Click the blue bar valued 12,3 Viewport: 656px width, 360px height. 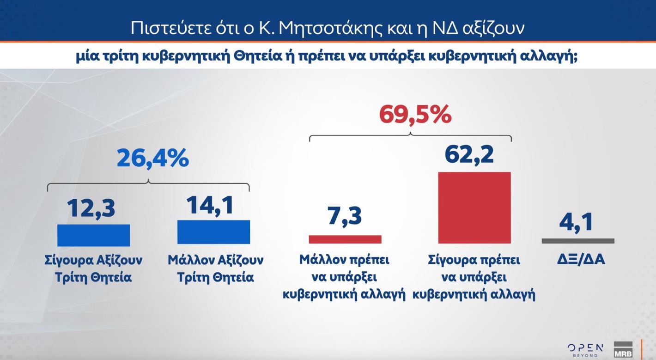click(x=93, y=235)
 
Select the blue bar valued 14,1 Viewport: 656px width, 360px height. click(x=213, y=232)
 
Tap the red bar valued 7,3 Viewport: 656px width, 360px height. click(x=345, y=239)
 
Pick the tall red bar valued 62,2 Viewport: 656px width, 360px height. click(x=474, y=207)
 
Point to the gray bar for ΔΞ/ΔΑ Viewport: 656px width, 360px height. click(x=578, y=241)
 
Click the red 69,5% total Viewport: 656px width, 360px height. click(x=414, y=115)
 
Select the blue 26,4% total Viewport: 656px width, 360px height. click(x=153, y=159)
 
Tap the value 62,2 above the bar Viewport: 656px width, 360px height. click(x=469, y=154)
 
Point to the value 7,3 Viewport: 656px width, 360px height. click(x=345, y=216)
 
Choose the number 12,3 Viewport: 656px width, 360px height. click(x=91, y=208)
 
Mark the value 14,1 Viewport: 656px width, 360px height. click(x=210, y=205)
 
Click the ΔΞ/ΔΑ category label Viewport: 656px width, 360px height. click(x=581, y=260)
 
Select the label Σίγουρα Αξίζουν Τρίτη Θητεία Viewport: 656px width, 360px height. click(x=93, y=268)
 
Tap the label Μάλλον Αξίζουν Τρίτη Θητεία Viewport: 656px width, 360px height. click(x=215, y=268)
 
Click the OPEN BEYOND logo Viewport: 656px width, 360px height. click(x=585, y=349)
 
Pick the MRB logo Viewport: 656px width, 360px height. click(x=623, y=350)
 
